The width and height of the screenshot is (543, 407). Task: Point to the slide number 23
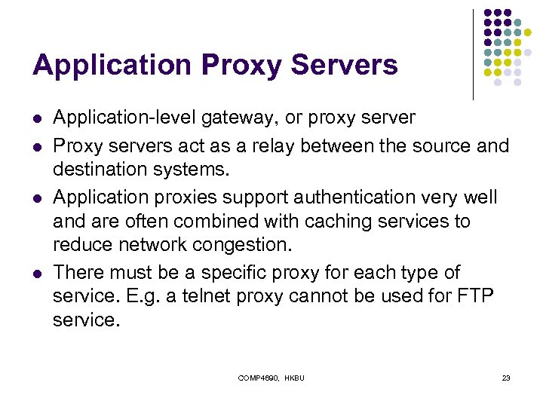(x=505, y=378)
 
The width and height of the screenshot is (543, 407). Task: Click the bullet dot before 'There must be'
(x=37, y=273)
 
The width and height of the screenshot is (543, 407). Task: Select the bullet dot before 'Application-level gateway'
(x=37, y=118)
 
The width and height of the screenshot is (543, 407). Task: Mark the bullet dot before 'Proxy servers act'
(x=37, y=145)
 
